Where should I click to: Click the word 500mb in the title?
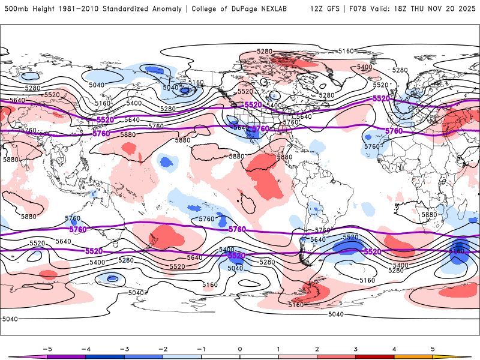tap(15, 9)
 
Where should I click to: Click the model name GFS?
tap(333, 9)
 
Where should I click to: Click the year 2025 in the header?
tap(467, 9)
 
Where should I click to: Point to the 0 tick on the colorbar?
tap(240, 348)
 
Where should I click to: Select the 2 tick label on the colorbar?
tap(317, 348)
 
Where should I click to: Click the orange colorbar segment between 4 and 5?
tap(413, 357)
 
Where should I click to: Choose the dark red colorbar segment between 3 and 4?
tap(375, 357)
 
